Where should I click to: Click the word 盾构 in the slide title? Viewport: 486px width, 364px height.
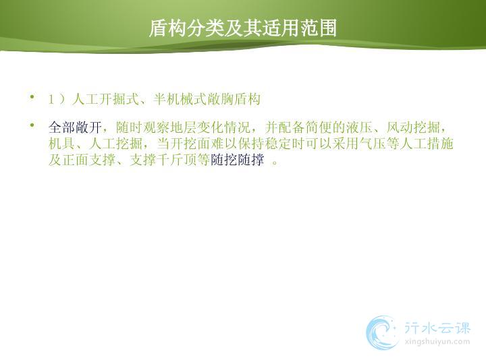coord(167,28)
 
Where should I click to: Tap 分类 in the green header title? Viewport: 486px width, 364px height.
coord(205,28)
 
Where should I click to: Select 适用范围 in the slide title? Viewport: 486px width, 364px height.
coord(299,28)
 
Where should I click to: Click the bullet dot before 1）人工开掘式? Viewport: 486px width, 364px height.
coord(32,96)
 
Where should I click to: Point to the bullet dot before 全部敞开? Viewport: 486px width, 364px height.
coord(32,125)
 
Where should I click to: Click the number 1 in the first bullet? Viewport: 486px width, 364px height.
coord(51,99)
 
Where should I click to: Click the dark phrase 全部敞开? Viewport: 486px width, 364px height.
coord(76,127)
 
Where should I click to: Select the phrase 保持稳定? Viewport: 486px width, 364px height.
coord(265,144)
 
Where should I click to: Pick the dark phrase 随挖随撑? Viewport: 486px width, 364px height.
coord(238,160)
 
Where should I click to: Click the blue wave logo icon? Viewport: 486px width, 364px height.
coord(382,333)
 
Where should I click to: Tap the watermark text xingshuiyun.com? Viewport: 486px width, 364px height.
coord(437,342)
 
